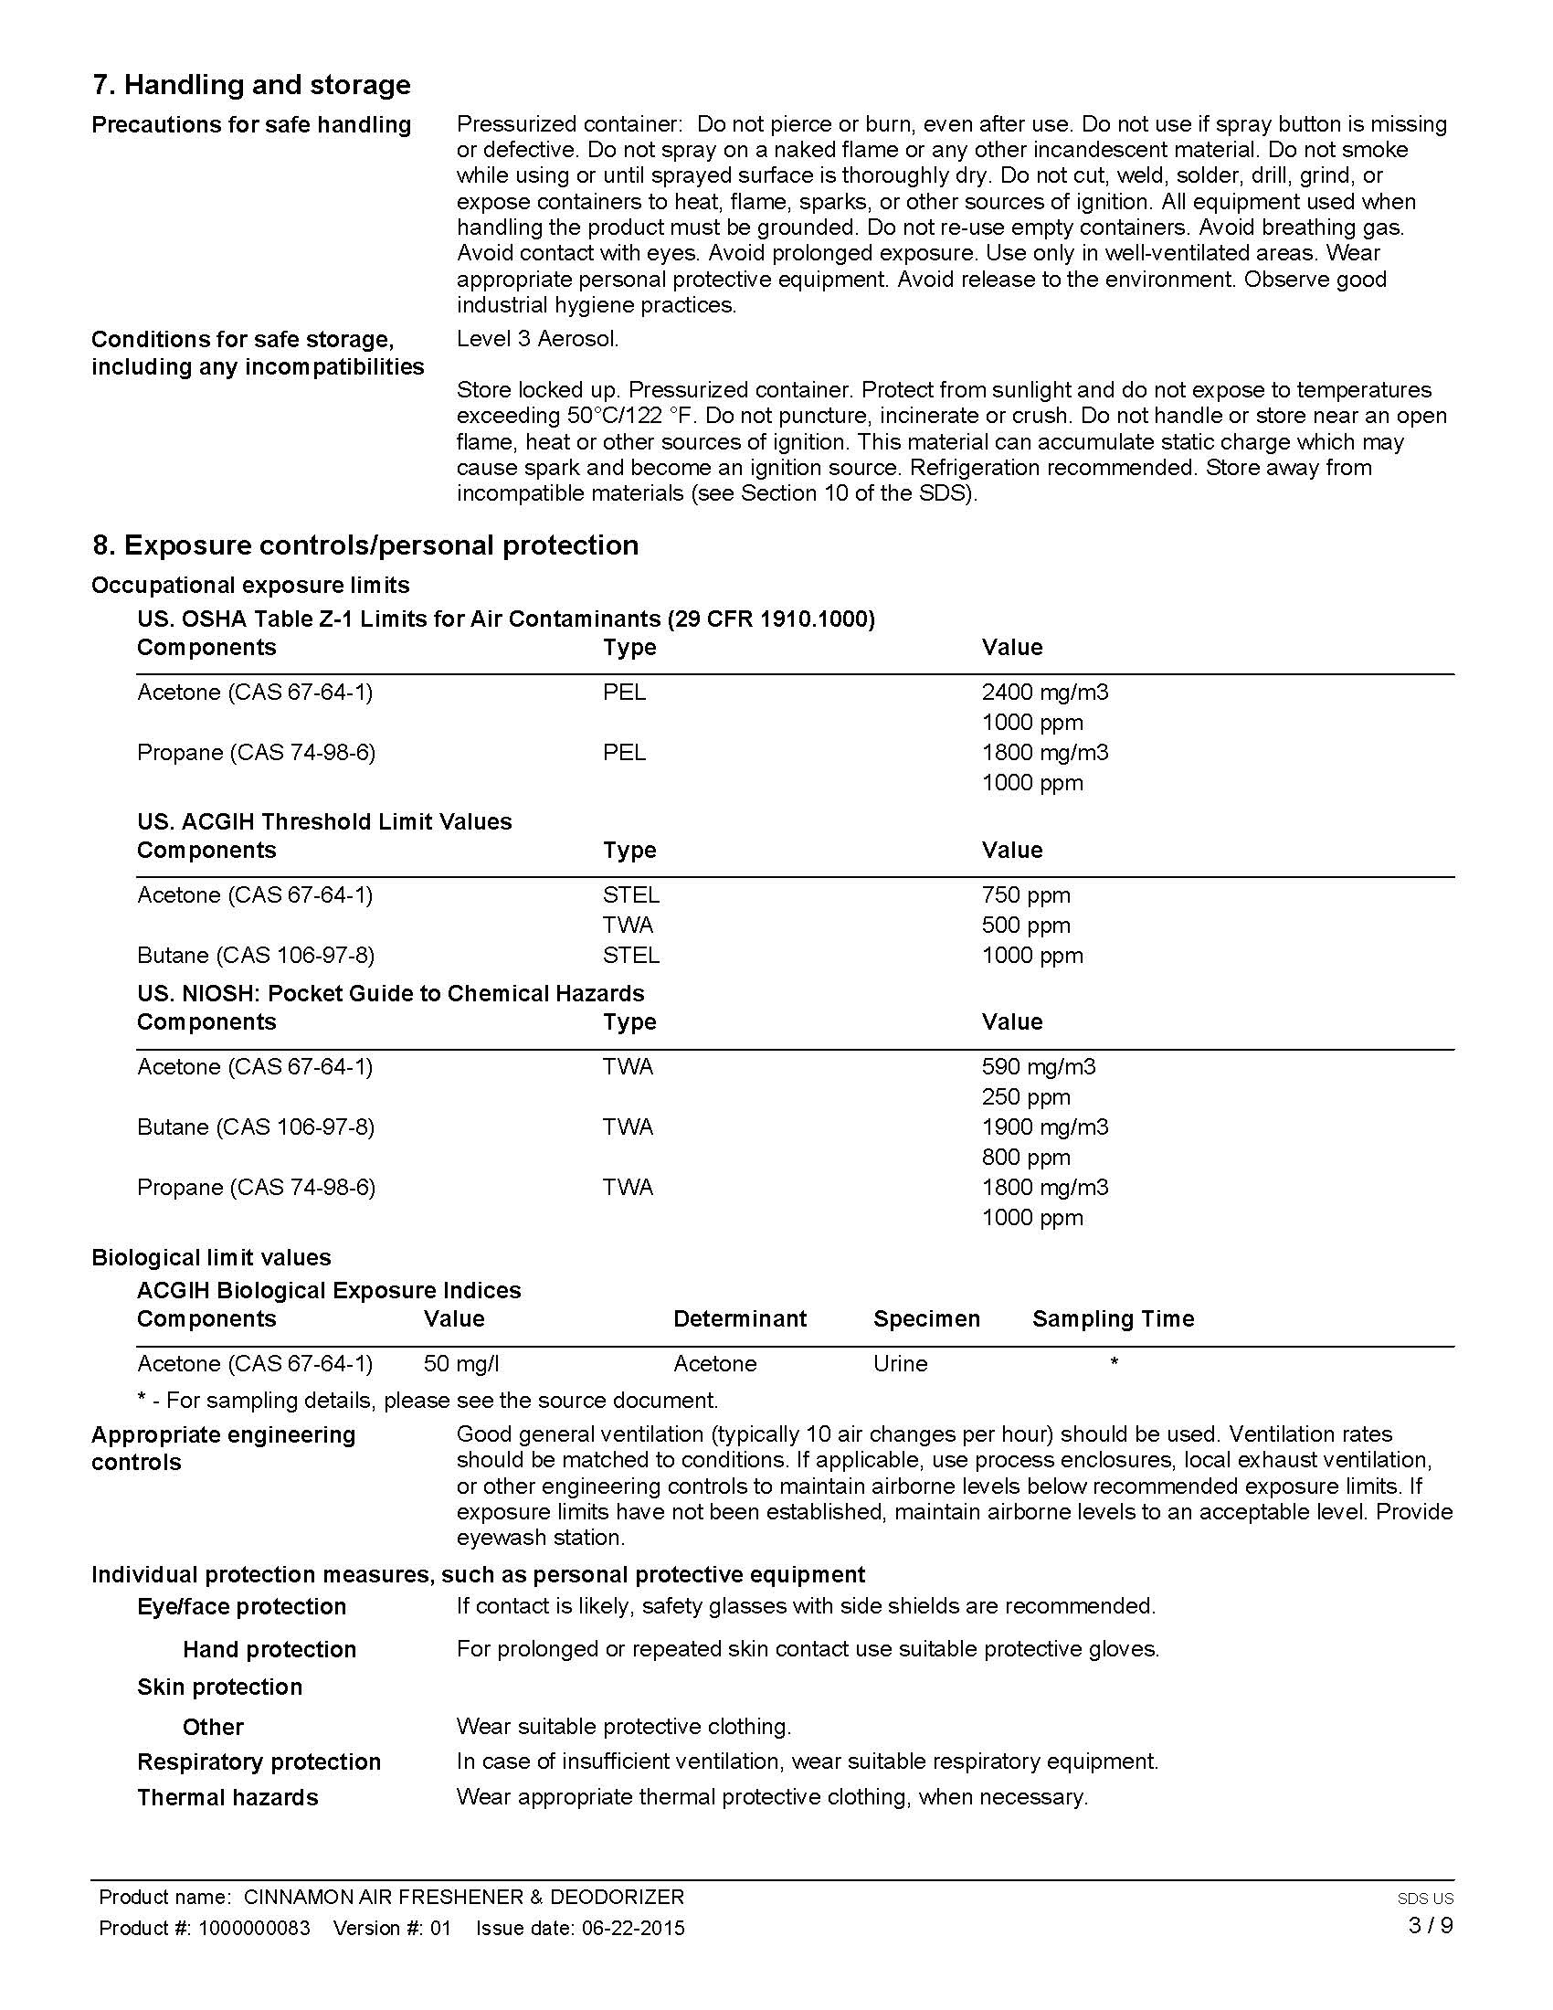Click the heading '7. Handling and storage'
pyautogui.click(x=251, y=85)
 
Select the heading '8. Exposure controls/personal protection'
pyautogui.click(x=365, y=545)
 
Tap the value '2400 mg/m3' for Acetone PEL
pyautogui.click(x=1044, y=693)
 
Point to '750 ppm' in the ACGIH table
pyautogui.click(x=1026, y=894)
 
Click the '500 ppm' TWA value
pyautogui.click(x=1026, y=925)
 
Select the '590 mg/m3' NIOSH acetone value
pyautogui.click(x=1038, y=1066)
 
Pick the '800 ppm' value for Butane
pyautogui.click(x=1026, y=1157)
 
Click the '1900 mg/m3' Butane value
pyautogui.click(x=1044, y=1127)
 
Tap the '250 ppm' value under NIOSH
pyautogui.click(x=1026, y=1097)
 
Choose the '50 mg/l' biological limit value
pyautogui.click(x=461, y=1363)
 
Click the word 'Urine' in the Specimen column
pyautogui.click(x=900, y=1363)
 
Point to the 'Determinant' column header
pyautogui.click(x=740, y=1318)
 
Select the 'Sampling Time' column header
pyautogui.click(x=1114, y=1318)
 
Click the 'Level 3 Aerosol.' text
pyautogui.click(x=537, y=339)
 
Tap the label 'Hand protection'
pyautogui.click(x=269, y=1649)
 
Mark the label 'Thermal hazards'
pyautogui.click(x=227, y=1797)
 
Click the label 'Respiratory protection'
pyautogui.click(x=259, y=1761)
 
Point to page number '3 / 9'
pyautogui.click(x=1430, y=1925)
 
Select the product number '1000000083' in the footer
pyautogui.click(x=252, y=1928)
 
